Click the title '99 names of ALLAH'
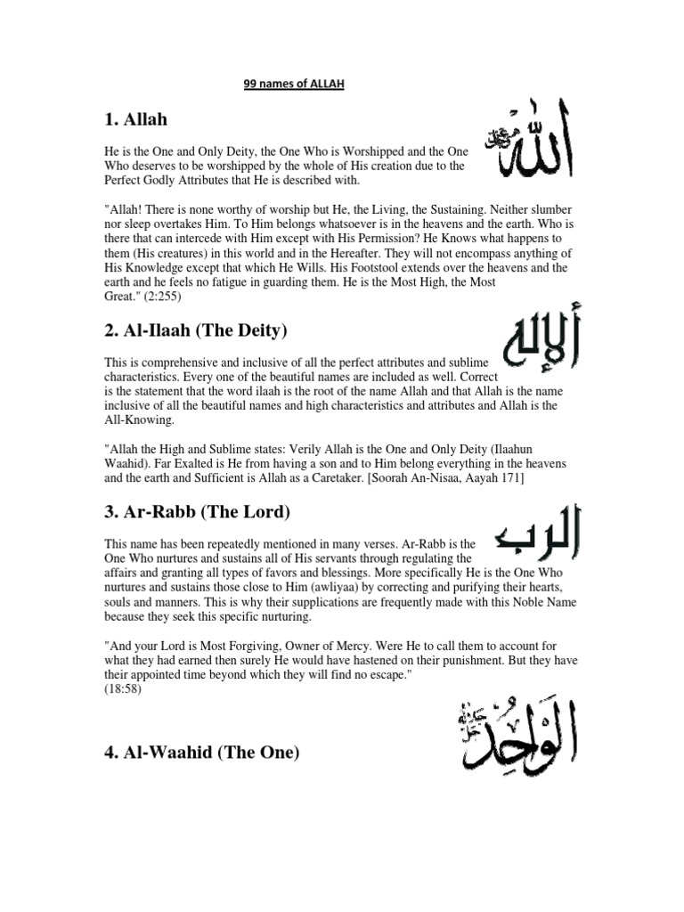(293, 85)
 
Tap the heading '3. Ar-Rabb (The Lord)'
(192, 514)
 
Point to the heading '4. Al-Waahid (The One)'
(202, 753)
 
